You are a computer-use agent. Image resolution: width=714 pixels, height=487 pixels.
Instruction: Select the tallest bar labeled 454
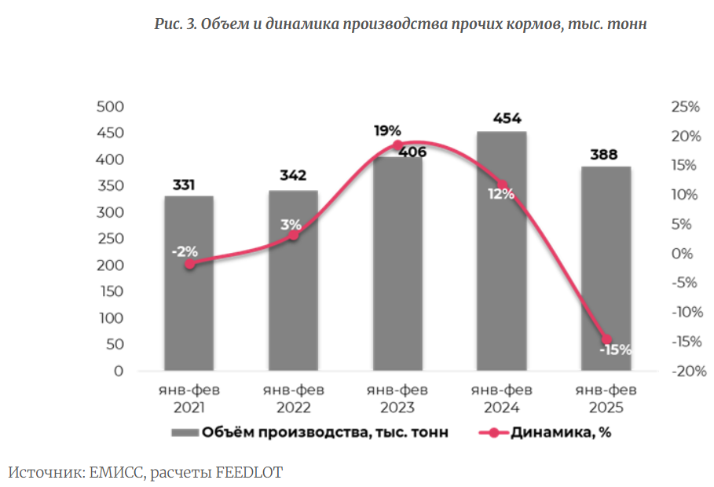tap(502, 259)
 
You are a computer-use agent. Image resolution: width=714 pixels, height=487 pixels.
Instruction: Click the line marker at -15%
tap(606, 339)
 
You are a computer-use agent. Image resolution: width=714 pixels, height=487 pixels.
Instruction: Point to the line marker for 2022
tap(294, 235)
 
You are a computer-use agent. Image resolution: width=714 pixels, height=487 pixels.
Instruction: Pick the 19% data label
tap(388, 131)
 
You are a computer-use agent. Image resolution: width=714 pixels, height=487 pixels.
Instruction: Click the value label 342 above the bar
tap(293, 175)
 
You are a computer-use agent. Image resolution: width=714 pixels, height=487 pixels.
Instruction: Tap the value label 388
tap(606, 154)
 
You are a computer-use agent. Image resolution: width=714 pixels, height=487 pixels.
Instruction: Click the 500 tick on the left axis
tap(111, 107)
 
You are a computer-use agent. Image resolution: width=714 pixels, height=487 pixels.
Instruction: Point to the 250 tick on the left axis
tap(111, 239)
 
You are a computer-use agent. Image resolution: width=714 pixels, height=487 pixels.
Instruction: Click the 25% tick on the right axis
tap(686, 107)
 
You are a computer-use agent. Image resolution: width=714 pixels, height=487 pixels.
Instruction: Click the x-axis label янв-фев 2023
tap(397, 399)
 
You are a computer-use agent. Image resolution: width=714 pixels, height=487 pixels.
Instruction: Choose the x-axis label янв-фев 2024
tap(502, 399)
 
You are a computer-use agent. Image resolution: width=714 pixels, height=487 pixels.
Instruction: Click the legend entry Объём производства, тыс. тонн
tap(311, 433)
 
